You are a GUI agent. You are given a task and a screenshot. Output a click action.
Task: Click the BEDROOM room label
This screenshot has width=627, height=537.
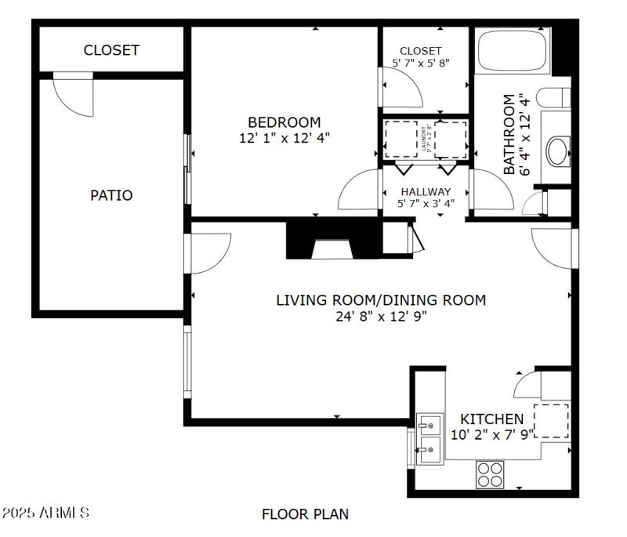coord(284,122)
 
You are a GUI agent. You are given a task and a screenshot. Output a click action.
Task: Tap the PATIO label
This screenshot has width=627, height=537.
coord(111,195)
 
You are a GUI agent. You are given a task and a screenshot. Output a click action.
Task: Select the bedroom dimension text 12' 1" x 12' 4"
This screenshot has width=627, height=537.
coord(284,137)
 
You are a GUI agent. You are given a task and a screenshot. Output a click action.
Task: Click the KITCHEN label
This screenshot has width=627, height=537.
coord(491,419)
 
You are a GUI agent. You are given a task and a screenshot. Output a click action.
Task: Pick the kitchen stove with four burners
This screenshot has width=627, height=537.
coord(491,474)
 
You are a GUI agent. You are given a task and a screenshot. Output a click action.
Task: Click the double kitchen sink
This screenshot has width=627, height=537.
coord(429,437)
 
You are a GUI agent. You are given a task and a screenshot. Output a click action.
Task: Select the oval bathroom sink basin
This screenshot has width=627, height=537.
coord(558,151)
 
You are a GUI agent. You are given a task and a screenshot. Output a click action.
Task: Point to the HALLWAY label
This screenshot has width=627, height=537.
coord(426,191)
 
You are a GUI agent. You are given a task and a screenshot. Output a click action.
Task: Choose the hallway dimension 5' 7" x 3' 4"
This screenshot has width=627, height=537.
coord(426,204)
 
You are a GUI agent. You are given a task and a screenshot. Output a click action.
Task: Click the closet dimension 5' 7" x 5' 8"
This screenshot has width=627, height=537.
coord(421,63)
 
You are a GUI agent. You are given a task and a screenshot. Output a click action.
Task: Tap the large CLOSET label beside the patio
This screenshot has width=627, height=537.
coord(111,50)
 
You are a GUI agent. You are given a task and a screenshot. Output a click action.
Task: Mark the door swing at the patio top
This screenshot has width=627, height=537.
coord(73,94)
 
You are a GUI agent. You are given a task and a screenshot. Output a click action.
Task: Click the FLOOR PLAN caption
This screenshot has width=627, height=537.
coord(305,514)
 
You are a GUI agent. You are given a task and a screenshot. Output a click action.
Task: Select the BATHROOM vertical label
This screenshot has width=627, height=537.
coord(509,134)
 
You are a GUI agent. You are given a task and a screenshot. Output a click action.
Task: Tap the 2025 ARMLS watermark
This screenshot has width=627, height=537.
coord(46,513)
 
